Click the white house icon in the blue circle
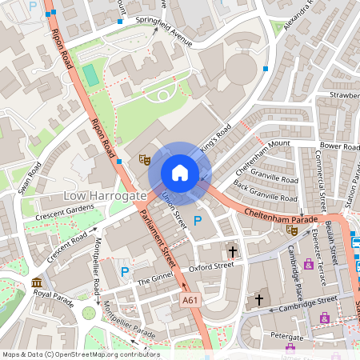pyautogui.click(x=179, y=173)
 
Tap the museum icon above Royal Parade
pyautogui.click(x=38, y=282)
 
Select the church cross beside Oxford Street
pyautogui.click(x=232, y=250)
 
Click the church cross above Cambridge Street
pyautogui.click(x=258, y=300)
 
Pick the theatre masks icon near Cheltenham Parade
pyautogui.click(x=291, y=229)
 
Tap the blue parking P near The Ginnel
pyautogui.click(x=125, y=272)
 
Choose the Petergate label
pyautogui.click(x=287, y=337)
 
